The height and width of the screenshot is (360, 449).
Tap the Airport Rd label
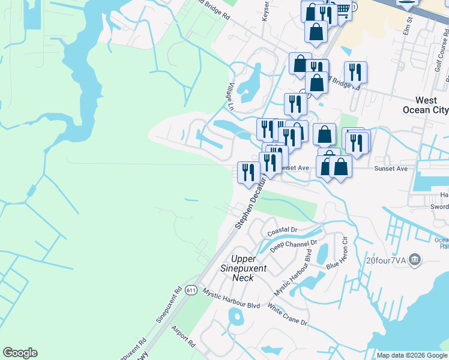pyautogui.click(x=183, y=337)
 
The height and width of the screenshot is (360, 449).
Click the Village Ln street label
pyautogui.click(x=231, y=97)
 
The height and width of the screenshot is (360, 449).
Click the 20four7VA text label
pyautogui.click(x=385, y=260)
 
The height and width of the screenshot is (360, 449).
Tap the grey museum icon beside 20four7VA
pyautogui.click(x=414, y=260)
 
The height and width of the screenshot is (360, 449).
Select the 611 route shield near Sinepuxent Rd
pyautogui.click(x=191, y=290)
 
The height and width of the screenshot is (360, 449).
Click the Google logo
pyautogui.click(x=20, y=353)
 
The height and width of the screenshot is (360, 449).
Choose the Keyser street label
pyautogui.click(x=265, y=12)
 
